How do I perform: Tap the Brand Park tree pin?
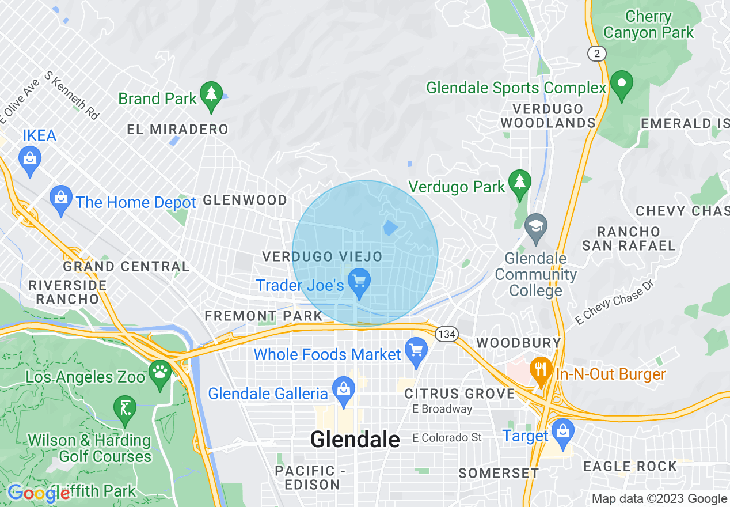pyautogui.click(x=212, y=94)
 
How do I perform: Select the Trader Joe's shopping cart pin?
pyautogui.click(x=360, y=282)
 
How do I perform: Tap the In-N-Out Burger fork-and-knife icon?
pyautogui.click(x=540, y=369)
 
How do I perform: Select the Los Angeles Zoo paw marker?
pyautogui.click(x=159, y=372)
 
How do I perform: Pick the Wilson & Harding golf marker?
pyautogui.click(x=125, y=408)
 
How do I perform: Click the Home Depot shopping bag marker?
pyautogui.click(x=61, y=198)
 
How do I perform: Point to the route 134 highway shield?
pyautogui.click(x=446, y=334)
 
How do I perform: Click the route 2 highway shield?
pyautogui.click(x=597, y=54)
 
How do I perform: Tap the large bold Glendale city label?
pyautogui.click(x=355, y=439)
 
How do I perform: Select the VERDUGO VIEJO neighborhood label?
pyautogui.click(x=322, y=256)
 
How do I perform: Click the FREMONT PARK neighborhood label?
pyautogui.click(x=264, y=316)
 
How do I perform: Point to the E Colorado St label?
pyautogui.click(x=447, y=438)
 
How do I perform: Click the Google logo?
pyautogui.click(x=39, y=493)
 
